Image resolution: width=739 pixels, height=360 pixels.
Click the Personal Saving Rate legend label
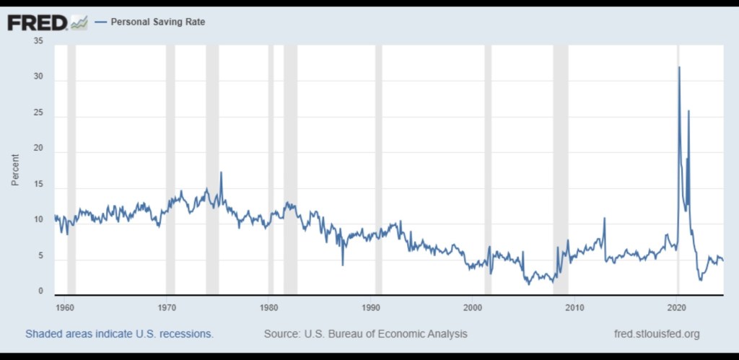point(157,22)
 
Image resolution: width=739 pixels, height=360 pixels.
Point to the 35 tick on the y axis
point(38,42)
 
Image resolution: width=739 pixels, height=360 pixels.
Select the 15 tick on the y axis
point(38,185)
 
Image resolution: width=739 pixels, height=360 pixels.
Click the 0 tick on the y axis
point(40,291)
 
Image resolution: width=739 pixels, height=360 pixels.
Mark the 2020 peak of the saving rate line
point(679,67)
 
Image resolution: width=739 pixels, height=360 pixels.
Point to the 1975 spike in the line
point(221,172)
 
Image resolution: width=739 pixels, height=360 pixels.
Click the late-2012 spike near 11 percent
point(604,218)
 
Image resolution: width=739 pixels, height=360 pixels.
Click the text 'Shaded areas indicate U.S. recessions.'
point(119,334)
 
